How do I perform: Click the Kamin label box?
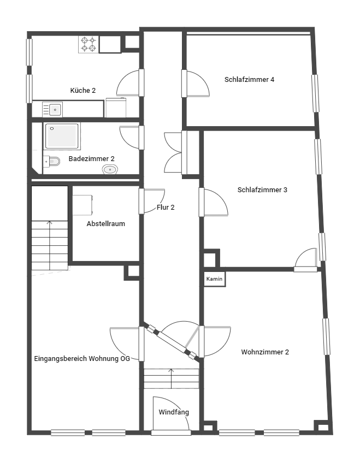[215, 279]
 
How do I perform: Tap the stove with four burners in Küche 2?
[88, 44]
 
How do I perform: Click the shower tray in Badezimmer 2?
[62, 136]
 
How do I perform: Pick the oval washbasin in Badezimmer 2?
[110, 169]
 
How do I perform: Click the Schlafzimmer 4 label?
[250, 80]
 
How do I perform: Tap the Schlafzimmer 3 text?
[262, 189]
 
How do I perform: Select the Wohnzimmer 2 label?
[265, 352]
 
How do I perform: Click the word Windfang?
[174, 412]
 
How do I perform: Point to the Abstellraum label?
[106, 224]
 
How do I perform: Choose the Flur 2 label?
[166, 208]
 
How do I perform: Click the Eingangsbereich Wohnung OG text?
[82, 359]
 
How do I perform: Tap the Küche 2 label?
[83, 91]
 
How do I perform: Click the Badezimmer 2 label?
[91, 159]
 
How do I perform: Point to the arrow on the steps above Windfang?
[171, 378]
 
